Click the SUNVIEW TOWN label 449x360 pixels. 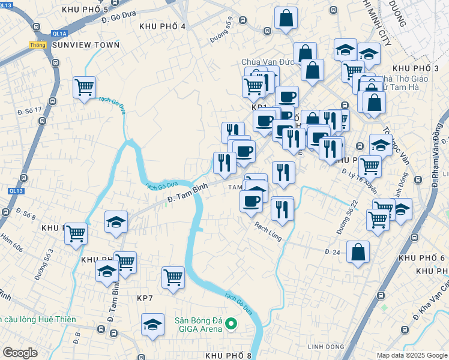click(86, 45)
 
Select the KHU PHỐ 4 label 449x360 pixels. click(162, 26)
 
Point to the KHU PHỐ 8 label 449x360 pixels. click(228, 355)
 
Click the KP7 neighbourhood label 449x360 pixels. click(146, 298)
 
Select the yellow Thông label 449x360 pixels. click(37, 45)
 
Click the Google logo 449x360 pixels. click(20, 353)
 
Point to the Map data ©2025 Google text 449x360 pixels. click(411, 355)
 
